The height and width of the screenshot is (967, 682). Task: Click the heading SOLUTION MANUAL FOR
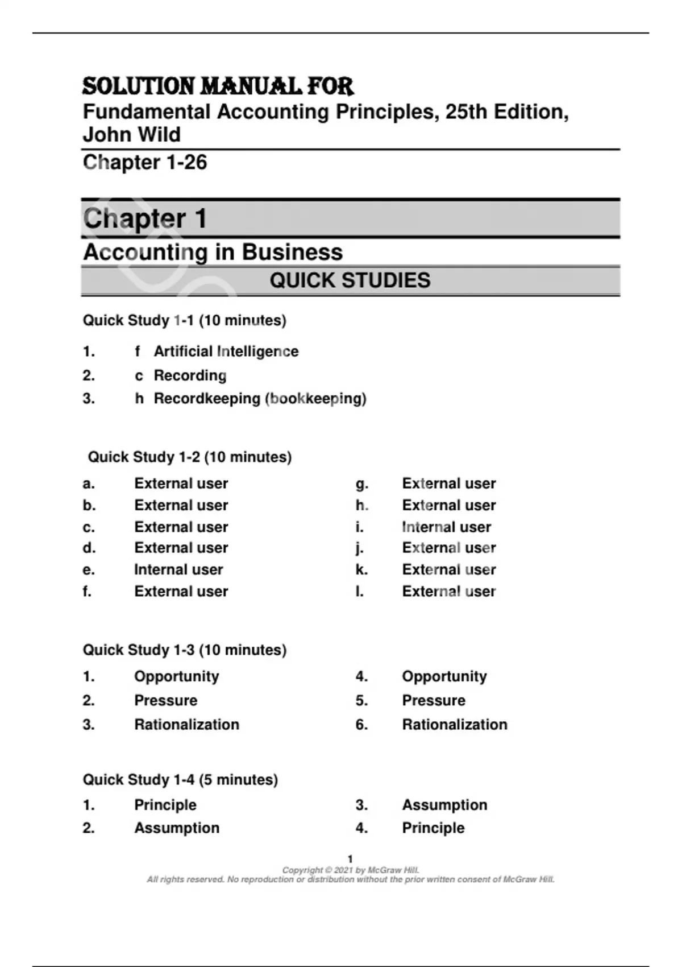pyautogui.click(x=218, y=86)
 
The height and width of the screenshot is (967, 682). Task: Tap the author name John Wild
pyautogui.click(x=132, y=135)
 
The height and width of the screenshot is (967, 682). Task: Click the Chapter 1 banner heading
pyautogui.click(x=145, y=218)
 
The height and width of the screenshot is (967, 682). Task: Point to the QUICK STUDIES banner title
pyautogui.click(x=350, y=280)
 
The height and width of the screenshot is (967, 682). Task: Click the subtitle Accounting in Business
pyautogui.click(x=213, y=252)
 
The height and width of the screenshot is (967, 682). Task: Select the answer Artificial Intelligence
pyautogui.click(x=226, y=352)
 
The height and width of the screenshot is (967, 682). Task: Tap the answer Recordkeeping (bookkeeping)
pyautogui.click(x=260, y=398)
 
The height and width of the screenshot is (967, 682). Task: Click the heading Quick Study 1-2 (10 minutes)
pyautogui.click(x=189, y=457)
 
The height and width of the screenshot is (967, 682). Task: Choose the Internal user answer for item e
pyautogui.click(x=178, y=569)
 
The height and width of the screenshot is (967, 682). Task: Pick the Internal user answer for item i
pyautogui.click(x=446, y=527)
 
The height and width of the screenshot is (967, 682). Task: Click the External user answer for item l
pyautogui.click(x=448, y=592)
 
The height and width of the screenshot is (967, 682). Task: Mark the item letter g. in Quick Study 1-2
pyautogui.click(x=362, y=484)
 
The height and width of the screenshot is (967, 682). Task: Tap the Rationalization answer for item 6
pyautogui.click(x=455, y=724)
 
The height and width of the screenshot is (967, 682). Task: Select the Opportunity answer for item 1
pyautogui.click(x=176, y=676)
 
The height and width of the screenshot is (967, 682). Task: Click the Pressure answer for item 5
pyautogui.click(x=434, y=700)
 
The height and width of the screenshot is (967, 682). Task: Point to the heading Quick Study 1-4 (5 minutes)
pyautogui.click(x=180, y=779)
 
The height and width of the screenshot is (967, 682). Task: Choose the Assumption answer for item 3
pyautogui.click(x=444, y=805)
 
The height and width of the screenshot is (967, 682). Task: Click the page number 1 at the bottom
pyautogui.click(x=350, y=859)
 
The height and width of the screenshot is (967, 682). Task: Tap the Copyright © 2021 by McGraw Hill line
pyautogui.click(x=351, y=870)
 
